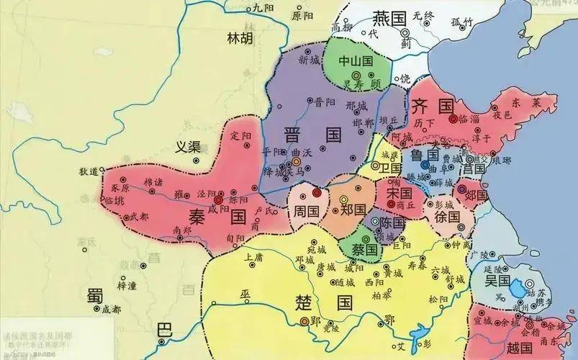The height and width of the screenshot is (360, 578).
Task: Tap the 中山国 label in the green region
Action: tap(356, 61)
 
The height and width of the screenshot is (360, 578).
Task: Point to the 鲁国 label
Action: tap(425, 155)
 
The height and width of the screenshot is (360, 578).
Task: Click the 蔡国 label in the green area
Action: tap(365, 249)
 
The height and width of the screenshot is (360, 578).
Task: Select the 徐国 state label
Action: tap(447, 216)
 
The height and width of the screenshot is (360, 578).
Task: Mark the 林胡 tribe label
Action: tap(240, 38)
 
